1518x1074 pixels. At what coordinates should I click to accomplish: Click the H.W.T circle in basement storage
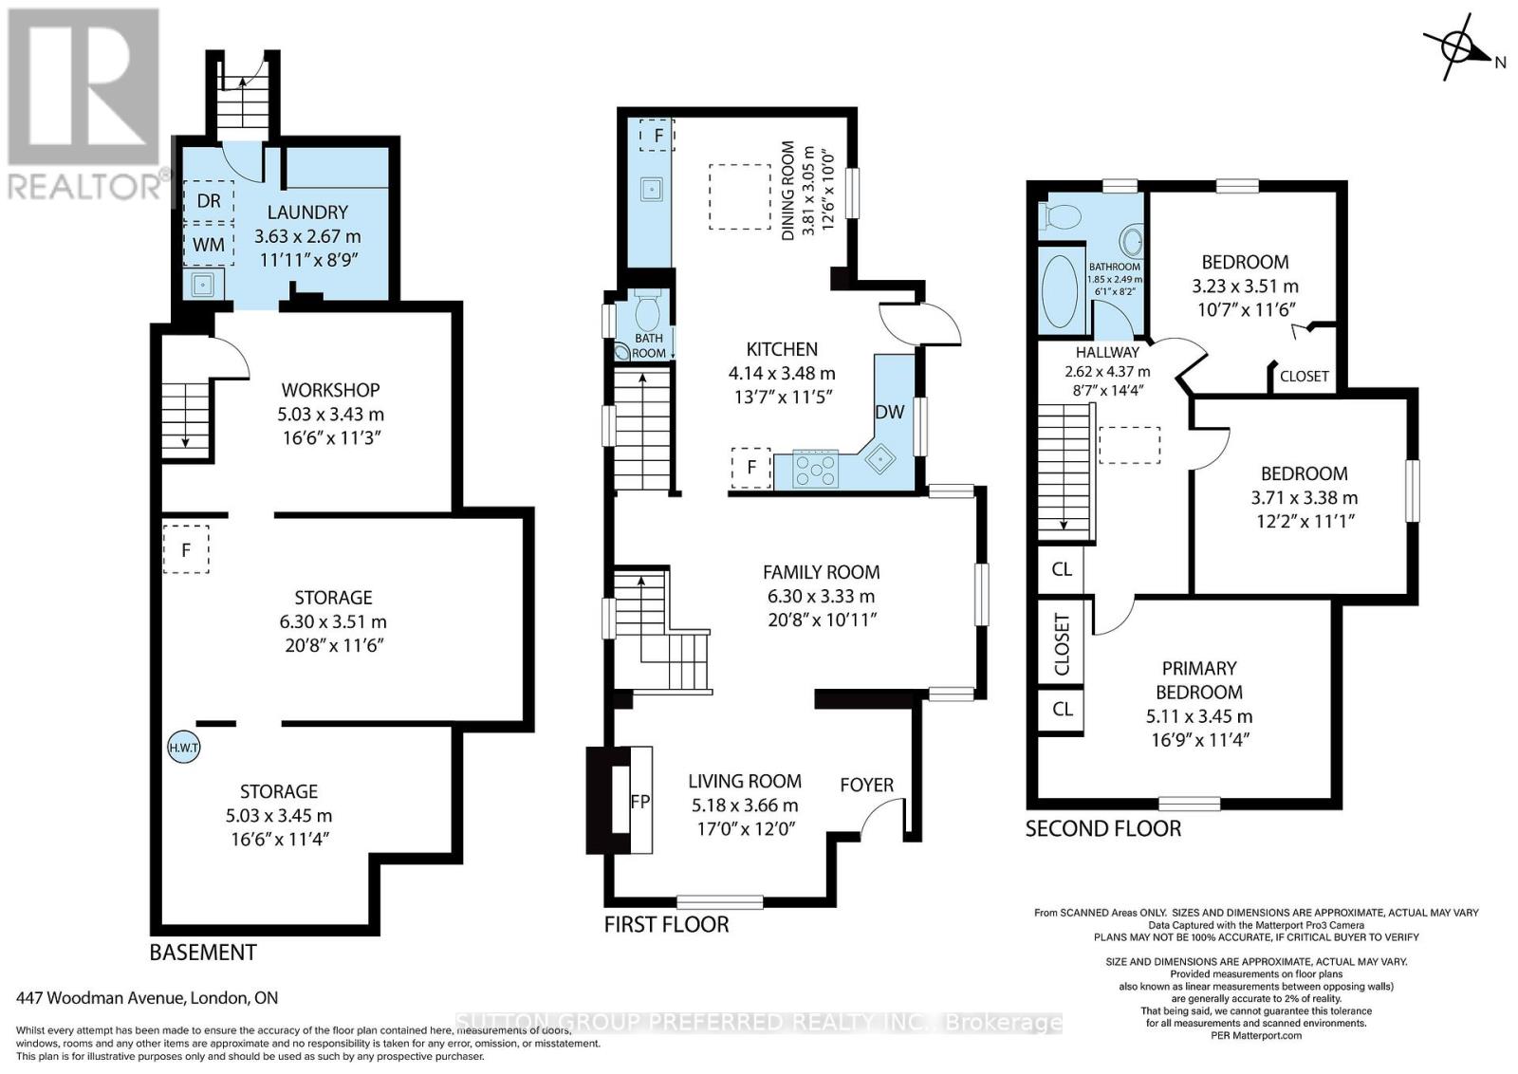click(183, 748)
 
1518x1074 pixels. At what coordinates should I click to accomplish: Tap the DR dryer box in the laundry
click(209, 201)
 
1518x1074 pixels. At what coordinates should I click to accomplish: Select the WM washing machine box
click(209, 245)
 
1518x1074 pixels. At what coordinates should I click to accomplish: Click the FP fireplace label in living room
click(640, 801)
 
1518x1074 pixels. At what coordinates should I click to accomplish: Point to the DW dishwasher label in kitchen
click(889, 412)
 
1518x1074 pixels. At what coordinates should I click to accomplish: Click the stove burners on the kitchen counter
click(816, 470)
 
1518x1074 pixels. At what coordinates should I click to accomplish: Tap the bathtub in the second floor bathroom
click(1060, 289)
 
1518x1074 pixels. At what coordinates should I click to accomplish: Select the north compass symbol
click(1454, 47)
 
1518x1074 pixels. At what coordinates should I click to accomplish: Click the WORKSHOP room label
click(330, 390)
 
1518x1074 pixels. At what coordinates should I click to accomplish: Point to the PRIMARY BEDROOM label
click(1199, 680)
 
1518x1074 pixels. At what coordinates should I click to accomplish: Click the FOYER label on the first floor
click(866, 785)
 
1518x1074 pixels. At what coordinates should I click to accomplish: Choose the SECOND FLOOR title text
click(1102, 828)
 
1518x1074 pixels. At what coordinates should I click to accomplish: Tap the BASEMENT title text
click(203, 952)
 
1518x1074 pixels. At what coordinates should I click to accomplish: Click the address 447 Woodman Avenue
click(147, 998)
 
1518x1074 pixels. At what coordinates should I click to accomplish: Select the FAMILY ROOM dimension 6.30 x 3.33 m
click(821, 596)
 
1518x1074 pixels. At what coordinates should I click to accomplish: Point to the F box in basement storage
click(186, 549)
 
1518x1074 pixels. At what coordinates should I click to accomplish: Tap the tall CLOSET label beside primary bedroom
click(1062, 645)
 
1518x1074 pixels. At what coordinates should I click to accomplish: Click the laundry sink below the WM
click(203, 283)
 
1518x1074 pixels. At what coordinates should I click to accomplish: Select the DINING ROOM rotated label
click(787, 190)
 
